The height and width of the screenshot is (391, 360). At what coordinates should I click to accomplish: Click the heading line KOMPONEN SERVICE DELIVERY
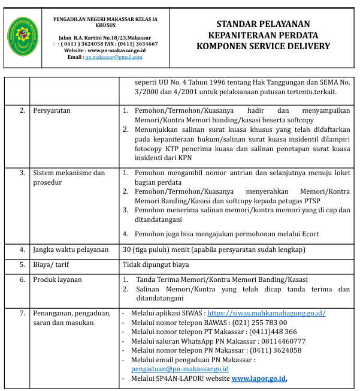[263, 46]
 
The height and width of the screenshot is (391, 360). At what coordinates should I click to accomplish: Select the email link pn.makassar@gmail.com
[114, 57]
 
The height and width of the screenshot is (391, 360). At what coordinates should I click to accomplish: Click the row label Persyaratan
[52, 111]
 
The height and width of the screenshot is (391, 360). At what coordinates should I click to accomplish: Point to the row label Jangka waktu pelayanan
[71, 249]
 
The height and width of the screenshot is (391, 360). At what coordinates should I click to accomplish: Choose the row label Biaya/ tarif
[53, 264]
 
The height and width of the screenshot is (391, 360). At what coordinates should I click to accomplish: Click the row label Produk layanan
[58, 279]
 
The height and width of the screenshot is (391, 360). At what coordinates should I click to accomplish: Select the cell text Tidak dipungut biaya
[156, 264]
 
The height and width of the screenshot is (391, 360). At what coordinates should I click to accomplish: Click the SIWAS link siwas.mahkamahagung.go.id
[267, 313]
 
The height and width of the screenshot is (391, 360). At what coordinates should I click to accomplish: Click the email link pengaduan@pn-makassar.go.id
[180, 369]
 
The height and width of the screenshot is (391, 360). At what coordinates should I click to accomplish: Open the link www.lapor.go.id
[259, 378]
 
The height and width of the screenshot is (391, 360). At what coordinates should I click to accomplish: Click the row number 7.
[22, 313]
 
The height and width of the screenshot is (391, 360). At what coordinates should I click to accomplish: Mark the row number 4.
[22, 249]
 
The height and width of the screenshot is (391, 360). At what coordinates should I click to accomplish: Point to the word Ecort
[308, 234]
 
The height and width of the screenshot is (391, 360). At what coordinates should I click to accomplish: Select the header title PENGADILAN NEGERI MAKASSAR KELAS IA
[105, 20]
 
